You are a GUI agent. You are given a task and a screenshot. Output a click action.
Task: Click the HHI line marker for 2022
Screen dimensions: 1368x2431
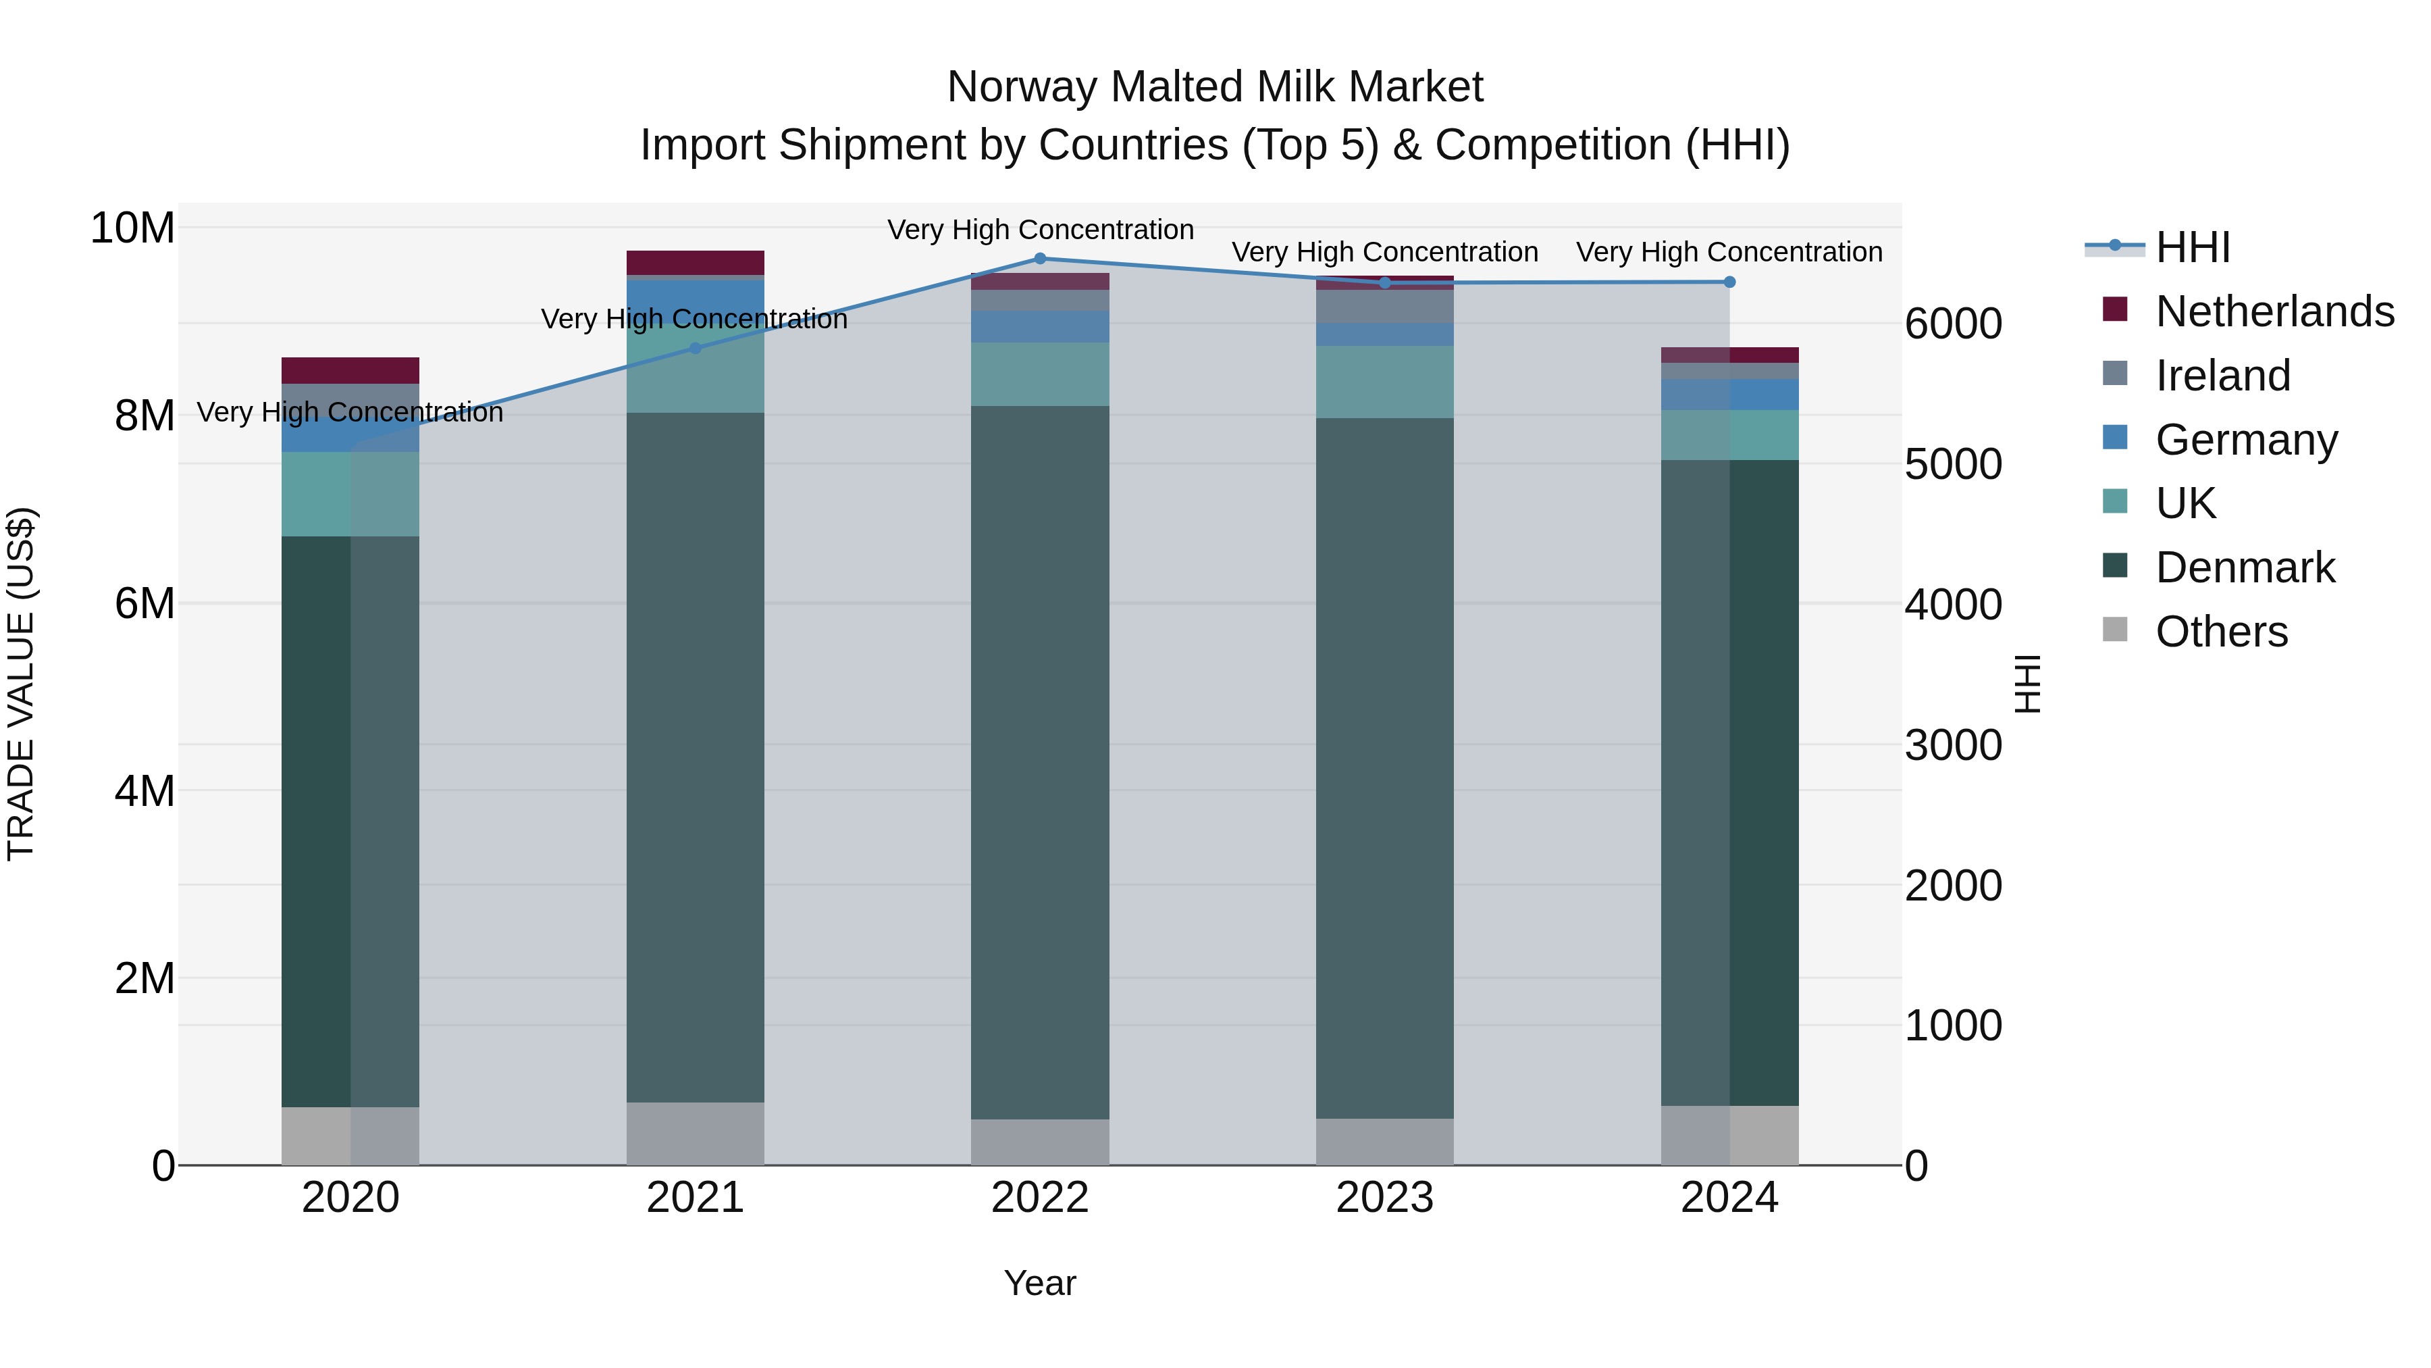pos(1040,259)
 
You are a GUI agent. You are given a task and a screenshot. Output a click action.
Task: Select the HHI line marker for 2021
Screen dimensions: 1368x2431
pos(696,349)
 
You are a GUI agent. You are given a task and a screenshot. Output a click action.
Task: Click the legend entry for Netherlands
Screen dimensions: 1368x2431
pos(2274,311)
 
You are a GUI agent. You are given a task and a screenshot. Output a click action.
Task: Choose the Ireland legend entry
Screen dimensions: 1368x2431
pos(2222,376)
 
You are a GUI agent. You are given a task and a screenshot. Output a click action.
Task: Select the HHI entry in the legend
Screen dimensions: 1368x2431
pos(2192,247)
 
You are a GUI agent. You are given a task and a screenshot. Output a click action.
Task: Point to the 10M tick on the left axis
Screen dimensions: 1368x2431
pos(132,228)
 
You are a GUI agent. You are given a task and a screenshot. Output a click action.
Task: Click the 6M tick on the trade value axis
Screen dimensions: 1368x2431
pos(145,603)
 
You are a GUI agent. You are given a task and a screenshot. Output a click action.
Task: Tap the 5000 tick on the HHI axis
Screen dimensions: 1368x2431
pos(1952,465)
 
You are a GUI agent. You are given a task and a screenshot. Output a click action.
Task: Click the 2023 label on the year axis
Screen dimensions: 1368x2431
pos(1384,1198)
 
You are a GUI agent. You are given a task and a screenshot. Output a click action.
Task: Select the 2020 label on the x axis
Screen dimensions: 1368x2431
pos(350,1198)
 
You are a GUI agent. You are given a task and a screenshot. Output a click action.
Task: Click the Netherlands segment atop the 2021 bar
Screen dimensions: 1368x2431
pos(696,263)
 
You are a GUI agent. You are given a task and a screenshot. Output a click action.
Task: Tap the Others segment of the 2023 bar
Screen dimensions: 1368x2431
pos(1384,1142)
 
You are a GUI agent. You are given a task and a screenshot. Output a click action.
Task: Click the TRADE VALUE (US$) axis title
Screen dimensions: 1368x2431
pos(21,684)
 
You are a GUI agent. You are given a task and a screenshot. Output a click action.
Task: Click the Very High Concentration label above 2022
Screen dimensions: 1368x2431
pos(1040,230)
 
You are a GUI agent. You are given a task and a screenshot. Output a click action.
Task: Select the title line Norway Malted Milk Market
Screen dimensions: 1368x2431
pos(1215,87)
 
